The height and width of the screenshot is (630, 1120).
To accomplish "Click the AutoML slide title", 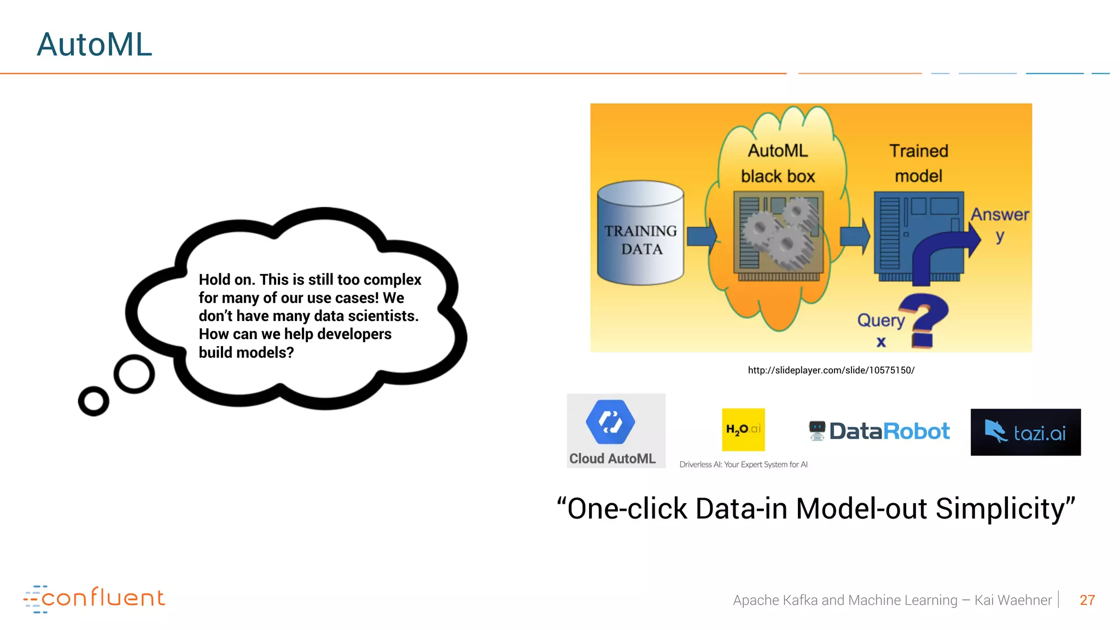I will [94, 44].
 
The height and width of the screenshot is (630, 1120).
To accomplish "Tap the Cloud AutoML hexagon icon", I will [610, 422].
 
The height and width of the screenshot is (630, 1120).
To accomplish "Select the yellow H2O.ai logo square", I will [743, 429].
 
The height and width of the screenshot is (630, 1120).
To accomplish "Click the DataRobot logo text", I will [889, 431].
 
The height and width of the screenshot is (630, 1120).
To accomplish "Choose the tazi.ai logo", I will [1025, 432].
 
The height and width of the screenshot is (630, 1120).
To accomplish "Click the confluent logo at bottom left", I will [94, 598].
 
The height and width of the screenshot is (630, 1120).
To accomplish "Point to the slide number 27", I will [1087, 600].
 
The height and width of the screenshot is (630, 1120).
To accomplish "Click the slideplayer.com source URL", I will [831, 370].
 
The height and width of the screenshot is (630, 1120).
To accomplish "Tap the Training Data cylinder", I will [640, 234].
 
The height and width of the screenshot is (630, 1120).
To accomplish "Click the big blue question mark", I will [930, 320].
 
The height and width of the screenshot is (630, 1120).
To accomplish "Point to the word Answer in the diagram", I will [1000, 214].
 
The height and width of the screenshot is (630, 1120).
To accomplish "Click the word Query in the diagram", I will [880, 320].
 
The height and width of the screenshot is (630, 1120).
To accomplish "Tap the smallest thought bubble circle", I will [94, 401].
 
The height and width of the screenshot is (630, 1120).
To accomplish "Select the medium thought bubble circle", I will [134, 374].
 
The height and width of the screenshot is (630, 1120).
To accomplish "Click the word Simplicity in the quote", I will [1005, 509].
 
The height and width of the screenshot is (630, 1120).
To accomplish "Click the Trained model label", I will [918, 163].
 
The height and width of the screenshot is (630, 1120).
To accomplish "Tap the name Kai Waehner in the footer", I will [1013, 600].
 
